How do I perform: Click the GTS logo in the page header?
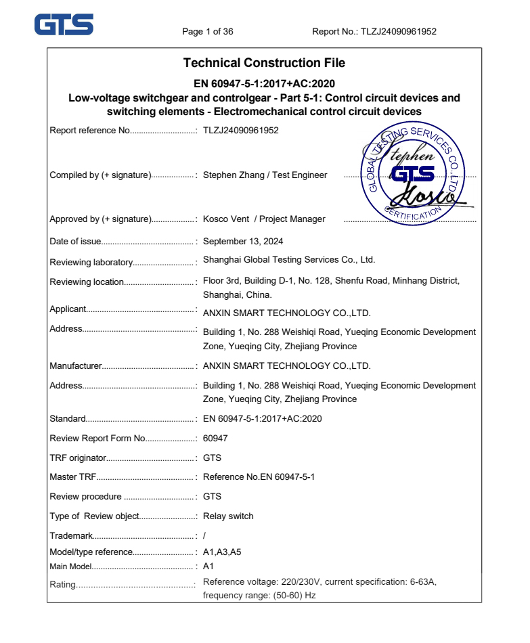coord(64,25)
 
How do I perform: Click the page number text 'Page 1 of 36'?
coord(208,32)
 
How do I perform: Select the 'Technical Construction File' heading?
coord(264,63)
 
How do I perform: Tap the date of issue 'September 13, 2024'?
coord(243,242)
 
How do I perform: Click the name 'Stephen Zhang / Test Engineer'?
coord(265,175)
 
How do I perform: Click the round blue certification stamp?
coord(412,173)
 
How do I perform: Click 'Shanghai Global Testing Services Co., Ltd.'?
coord(289,260)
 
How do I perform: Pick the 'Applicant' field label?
coord(68,309)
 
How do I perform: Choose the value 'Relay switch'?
coord(228,516)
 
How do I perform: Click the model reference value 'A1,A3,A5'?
coord(222,552)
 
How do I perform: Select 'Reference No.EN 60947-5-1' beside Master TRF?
coord(259,477)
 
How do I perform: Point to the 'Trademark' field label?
coord(70,536)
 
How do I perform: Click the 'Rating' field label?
coord(62,585)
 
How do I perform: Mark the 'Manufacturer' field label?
coord(75,366)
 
